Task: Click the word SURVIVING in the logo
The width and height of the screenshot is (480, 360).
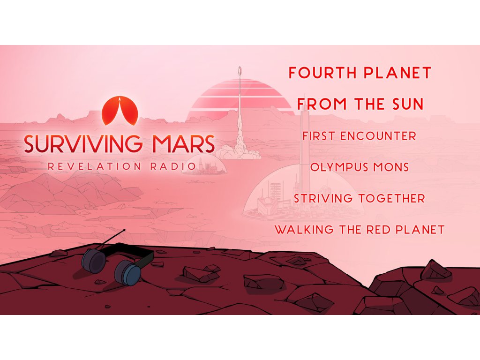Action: [x=83, y=143]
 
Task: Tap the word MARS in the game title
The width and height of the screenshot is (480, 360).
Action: [x=182, y=143]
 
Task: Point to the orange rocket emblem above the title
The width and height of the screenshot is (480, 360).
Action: [x=120, y=111]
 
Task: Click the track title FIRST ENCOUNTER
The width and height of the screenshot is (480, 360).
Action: [x=360, y=136]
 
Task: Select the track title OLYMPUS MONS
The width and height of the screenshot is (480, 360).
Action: [x=360, y=167]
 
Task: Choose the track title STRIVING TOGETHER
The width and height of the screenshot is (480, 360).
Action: [x=360, y=198]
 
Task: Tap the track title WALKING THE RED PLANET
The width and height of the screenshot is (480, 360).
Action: [x=360, y=230]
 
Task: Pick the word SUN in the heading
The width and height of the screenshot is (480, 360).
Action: [x=408, y=104]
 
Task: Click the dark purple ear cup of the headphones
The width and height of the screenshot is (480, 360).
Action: [x=94, y=260]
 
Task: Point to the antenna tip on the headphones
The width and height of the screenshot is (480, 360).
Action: [x=124, y=230]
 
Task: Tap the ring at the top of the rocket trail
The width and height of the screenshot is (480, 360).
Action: [x=240, y=71]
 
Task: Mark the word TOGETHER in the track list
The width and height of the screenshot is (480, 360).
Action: [x=392, y=198]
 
